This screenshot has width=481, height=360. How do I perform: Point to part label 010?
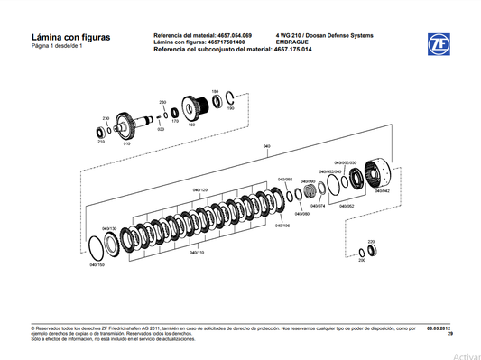tap(126, 143)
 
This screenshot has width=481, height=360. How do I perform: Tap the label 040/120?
tap(199, 190)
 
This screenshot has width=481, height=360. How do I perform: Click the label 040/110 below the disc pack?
tap(198, 253)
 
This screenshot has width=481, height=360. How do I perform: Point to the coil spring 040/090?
tap(314, 188)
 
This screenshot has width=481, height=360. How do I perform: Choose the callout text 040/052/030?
tap(334, 162)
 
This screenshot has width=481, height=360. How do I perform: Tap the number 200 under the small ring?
tap(361, 260)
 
